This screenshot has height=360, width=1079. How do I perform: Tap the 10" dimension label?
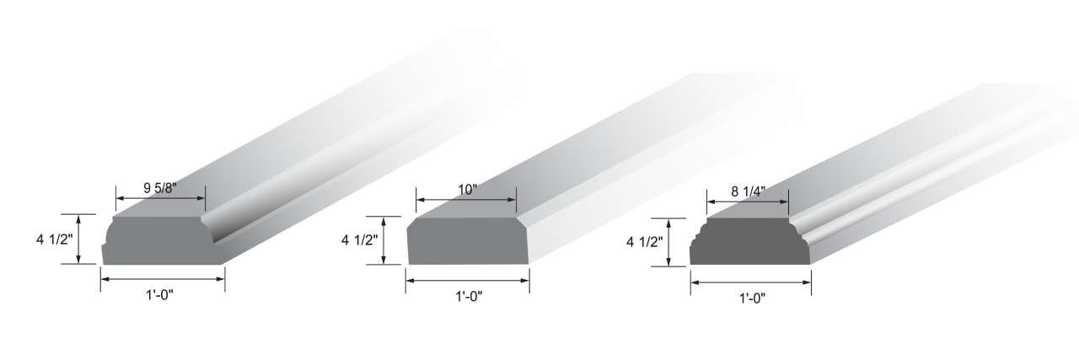coord(465,190)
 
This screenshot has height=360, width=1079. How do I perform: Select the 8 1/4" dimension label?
coord(748,191)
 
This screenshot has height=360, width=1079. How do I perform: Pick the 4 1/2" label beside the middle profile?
coord(357,240)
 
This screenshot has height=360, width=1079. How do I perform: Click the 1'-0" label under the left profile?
coord(162,296)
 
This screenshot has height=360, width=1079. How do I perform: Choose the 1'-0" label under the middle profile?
coord(468,296)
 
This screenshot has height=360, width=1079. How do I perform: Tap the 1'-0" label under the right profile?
coord(751,298)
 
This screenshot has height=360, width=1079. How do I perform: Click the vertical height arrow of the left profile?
coord(79,239)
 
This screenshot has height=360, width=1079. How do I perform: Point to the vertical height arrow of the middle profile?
coord(384,240)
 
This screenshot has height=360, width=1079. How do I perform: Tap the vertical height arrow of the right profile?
coord(669,243)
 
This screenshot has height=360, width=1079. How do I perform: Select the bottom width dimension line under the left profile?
coord(163,279)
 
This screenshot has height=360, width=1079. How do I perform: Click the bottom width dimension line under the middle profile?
coord(468,281)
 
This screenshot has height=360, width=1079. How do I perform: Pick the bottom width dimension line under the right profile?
coord(751,282)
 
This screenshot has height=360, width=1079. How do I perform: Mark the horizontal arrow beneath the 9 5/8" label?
coord(160,199)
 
